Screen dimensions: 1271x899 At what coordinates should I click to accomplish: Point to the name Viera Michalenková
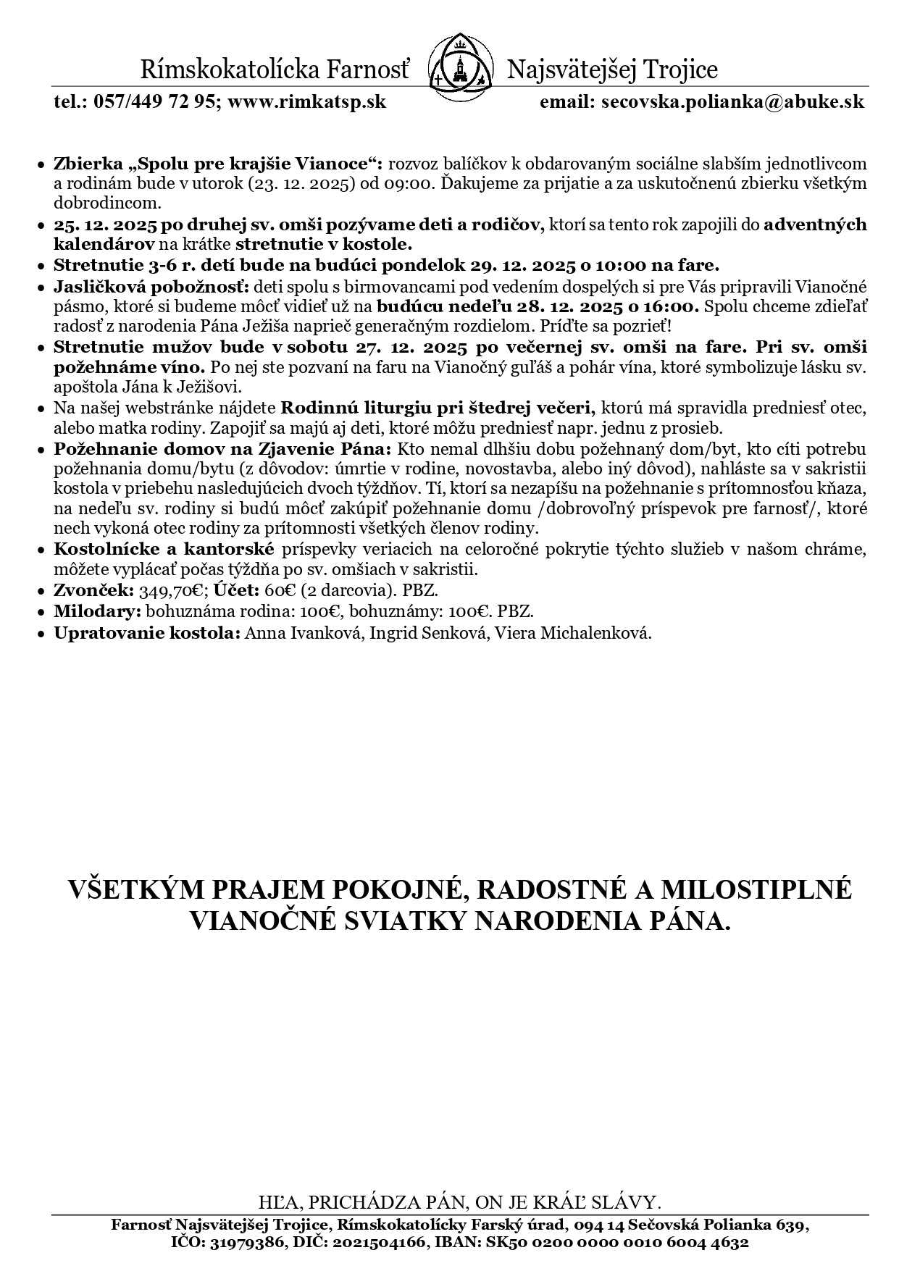tap(572, 633)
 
